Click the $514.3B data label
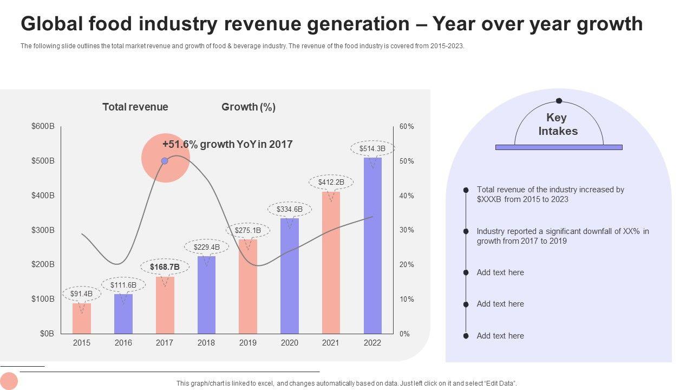[x=372, y=148]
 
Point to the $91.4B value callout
[x=82, y=294]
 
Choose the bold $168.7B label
[x=165, y=267]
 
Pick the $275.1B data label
[x=248, y=230]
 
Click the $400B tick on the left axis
[x=43, y=196]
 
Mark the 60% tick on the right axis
[x=407, y=127]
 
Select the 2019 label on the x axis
[x=248, y=343]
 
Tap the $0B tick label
[x=47, y=334]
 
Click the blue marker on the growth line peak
[x=165, y=161]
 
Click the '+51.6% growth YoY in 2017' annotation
[x=227, y=145]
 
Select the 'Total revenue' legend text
[x=135, y=107]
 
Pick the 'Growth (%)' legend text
[x=249, y=107]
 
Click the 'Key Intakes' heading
[x=558, y=125]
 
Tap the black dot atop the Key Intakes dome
[x=559, y=101]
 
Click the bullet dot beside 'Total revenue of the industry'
[x=466, y=190]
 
